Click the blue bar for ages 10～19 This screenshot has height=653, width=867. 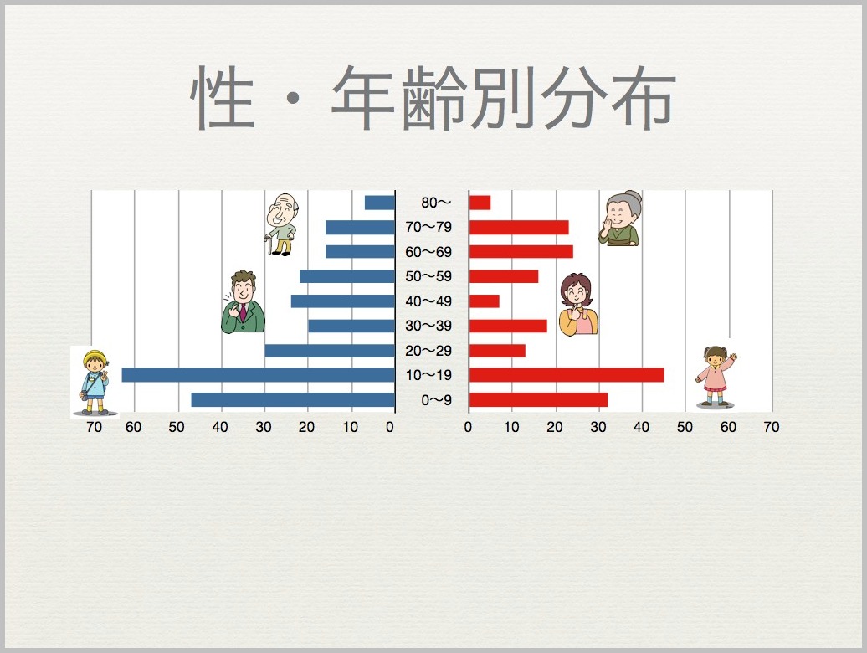click(x=259, y=375)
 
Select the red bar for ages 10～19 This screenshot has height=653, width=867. click(x=567, y=375)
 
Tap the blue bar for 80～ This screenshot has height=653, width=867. click(x=380, y=203)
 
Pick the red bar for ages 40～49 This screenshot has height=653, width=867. click(x=484, y=301)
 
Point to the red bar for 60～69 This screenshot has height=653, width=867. click(x=521, y=252)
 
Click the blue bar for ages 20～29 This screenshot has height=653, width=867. click(x=330, y=351)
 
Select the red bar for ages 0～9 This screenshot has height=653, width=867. click(x=538, y=400)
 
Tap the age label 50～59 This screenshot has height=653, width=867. click(x=428, y=276)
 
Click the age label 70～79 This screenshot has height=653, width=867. click(x=428, y=227)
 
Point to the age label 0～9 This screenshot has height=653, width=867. click(x=436, y=400)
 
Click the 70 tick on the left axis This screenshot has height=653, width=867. click(x=94, y=427)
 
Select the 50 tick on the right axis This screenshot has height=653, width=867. click(x=685, y=427)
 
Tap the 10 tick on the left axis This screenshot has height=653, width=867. click(x=350, y=427)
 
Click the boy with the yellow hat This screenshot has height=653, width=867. click(x=95, y=382)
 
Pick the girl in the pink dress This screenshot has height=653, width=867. click(x=716, y=377)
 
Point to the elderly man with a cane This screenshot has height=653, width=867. click(x=282, y=224)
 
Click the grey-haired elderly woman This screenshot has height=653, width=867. click(x=621, y=219)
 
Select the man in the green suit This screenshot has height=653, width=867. click(x=243, y=302)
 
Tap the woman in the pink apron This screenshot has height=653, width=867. click(x=578, y=305)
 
